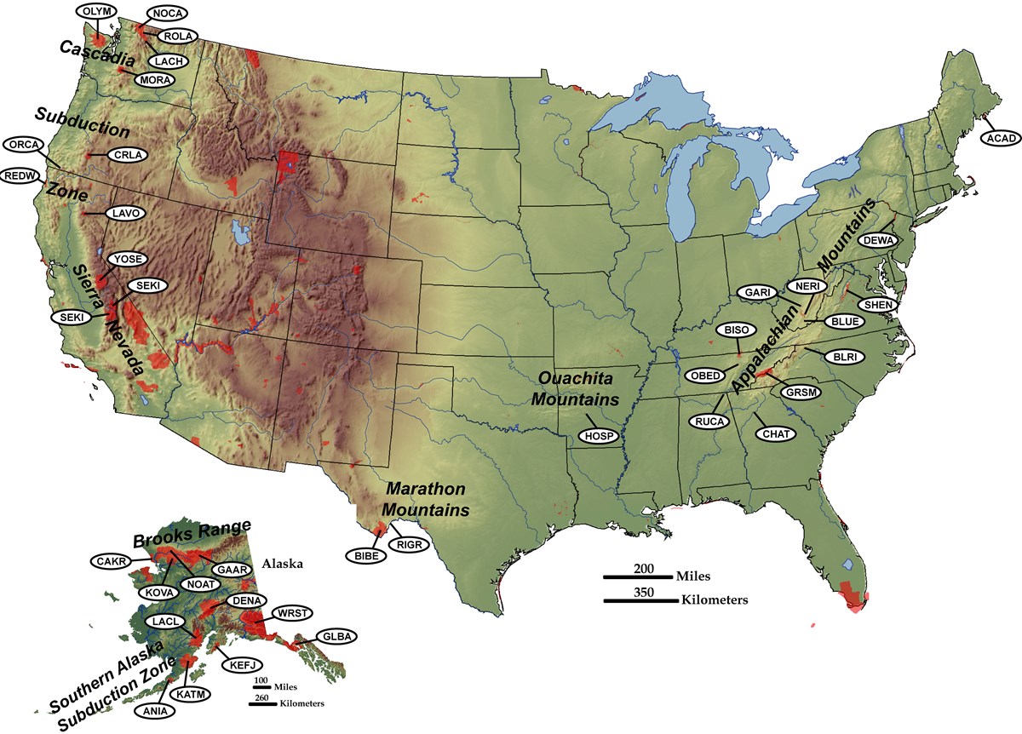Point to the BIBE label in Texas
366,555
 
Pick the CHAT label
774,433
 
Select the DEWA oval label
879,241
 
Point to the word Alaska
282,564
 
